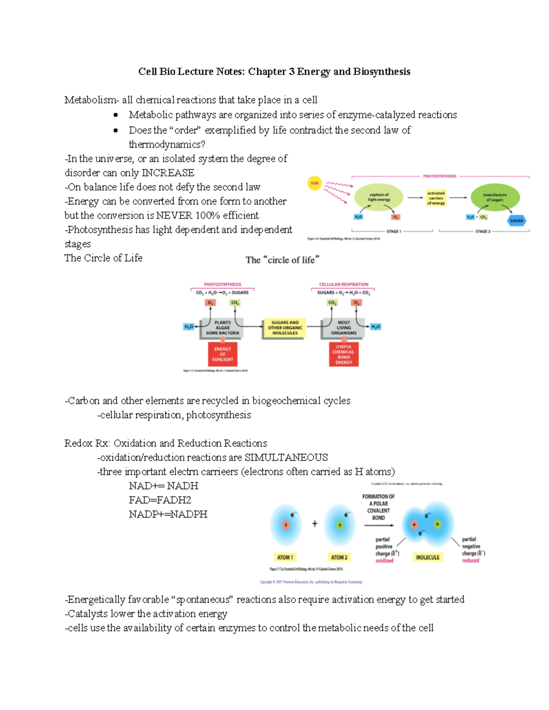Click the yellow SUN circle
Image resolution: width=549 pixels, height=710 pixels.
coord(314,183)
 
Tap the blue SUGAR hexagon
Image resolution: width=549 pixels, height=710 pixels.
coord(517,220)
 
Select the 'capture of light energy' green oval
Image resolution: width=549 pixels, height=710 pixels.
coord(379,197)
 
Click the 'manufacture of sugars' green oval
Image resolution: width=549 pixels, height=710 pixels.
coord(495,197)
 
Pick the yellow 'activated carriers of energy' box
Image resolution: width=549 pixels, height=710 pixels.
coord(436,198)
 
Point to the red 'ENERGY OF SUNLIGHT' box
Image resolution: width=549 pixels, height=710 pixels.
coord(222,354)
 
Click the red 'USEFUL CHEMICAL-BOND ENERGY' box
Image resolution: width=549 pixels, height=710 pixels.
coord(344,354)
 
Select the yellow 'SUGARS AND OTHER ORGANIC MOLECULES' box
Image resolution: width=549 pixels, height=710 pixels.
coord(285,328)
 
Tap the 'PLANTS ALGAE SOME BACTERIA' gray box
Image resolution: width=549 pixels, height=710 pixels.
coord(222,328)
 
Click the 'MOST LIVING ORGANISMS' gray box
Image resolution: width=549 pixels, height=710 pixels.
coord(344,328)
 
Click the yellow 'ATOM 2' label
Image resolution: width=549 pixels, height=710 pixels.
coord(339,557)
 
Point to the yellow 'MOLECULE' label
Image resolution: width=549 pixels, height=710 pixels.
coord(427,557)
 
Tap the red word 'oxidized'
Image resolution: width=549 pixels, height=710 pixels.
coord(384,561)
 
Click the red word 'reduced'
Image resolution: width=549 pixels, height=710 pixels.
coord(470,561)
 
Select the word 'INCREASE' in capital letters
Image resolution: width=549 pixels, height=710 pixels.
coord(168,173)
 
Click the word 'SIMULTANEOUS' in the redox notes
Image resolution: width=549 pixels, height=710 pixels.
coord(286,458)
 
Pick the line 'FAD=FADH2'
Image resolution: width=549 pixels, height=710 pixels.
coord(160,500)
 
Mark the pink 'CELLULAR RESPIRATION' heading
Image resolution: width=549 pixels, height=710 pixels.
coord(343,284)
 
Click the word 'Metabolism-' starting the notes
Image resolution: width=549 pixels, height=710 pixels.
coord(91,100)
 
